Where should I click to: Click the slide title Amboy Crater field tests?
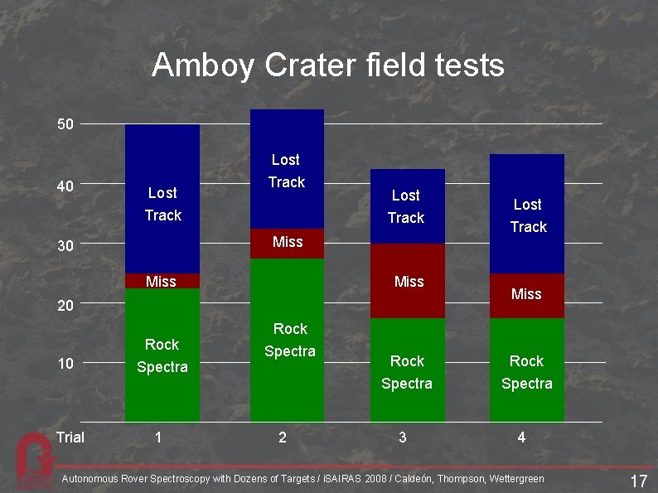click(328, 65)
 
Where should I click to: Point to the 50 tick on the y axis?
click(65, 124)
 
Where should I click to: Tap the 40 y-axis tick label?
click(65, 186)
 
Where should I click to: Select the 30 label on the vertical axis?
click(65, 246)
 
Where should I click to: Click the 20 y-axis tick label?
click(65, 306)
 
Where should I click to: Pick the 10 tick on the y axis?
click(65, 363)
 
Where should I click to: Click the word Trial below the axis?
click(70, 437)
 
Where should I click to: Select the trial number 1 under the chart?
click(158, 437)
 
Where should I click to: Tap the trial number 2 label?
click(283, 437)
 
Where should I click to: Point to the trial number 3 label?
click(403, 437)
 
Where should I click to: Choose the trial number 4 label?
click(521, 437)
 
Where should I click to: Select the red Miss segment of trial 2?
click(287, 243)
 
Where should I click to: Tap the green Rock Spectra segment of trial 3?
click(407, 371)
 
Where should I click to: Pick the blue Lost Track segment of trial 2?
click(287, 169)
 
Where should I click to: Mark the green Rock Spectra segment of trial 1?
click(162, 356)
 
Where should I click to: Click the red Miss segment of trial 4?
click(527, 295)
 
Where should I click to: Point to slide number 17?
click(638, 481)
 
